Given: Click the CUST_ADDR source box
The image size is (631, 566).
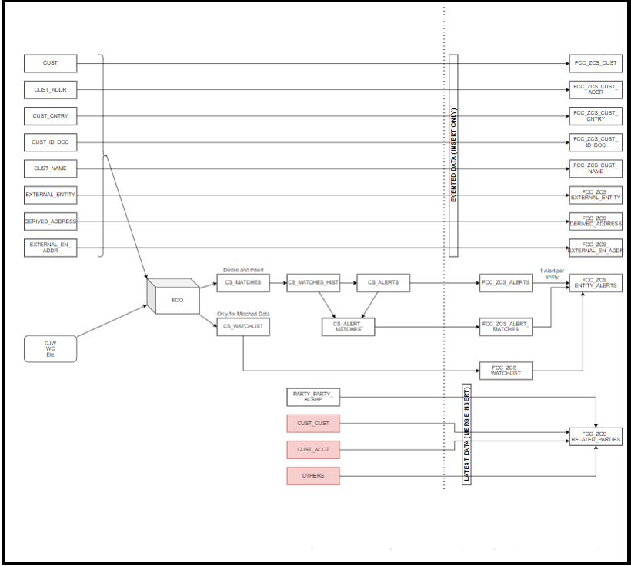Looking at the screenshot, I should click(50, 90).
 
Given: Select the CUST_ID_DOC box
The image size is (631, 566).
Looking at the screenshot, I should click(50, 142).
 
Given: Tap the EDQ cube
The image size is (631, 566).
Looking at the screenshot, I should click(173, 295).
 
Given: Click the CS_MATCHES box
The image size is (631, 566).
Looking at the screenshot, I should click(242, 282).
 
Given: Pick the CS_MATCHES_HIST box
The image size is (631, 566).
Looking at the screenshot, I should click(313, 282).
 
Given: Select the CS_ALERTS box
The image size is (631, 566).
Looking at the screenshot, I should click(382, 282).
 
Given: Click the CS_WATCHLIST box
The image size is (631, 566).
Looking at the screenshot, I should click(242, 327).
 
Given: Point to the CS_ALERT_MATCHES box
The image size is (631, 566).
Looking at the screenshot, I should click(347, 327).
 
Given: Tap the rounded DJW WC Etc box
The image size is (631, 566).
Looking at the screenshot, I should click(50, 348).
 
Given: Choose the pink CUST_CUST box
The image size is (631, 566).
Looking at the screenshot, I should click(313, 423).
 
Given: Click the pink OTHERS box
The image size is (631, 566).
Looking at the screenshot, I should click(313, 476).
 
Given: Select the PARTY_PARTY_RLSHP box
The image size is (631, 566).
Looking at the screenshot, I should click(313, 397).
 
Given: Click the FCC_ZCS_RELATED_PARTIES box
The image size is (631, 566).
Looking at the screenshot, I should click(596, 437).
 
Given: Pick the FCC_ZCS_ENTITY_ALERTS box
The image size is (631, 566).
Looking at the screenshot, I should click(596, 283).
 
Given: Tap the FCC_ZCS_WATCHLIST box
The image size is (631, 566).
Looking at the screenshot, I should click(506, 371).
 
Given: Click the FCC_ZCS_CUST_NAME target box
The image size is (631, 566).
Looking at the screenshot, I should click(596, 168).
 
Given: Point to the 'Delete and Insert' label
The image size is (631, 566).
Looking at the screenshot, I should click(242, 270).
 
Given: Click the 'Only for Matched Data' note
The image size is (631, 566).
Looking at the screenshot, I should click(243, 314).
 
